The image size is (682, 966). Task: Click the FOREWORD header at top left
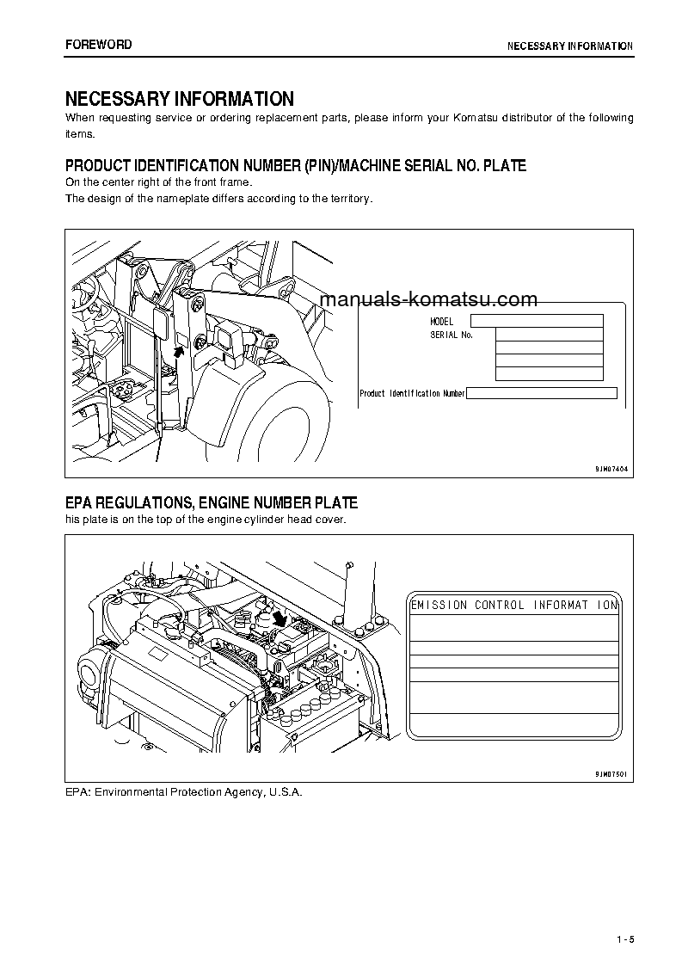click(98, 45)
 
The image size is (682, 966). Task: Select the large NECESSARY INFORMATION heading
click(179, 99)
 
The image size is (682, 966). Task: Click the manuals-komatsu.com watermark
click(427, 299)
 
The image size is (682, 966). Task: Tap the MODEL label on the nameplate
click(441, 321)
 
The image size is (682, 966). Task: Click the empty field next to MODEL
click(537, 321)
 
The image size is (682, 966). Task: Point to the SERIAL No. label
click(452, 335)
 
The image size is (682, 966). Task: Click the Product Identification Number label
click(412, 393)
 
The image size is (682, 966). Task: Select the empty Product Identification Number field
click(541, 393)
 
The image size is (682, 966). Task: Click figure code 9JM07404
click(611, 469)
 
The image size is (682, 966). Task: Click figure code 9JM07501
click(611, 774)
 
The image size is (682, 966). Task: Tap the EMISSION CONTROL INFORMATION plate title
click(514, 605)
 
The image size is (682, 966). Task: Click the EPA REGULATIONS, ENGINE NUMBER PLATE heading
click(212, 503)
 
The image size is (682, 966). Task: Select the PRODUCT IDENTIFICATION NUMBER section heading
click(295, 165)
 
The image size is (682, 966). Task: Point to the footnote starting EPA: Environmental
click(184, 791)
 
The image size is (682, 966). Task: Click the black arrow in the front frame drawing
click(180, 349)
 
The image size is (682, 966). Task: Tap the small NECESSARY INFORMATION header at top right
click(569, 46)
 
